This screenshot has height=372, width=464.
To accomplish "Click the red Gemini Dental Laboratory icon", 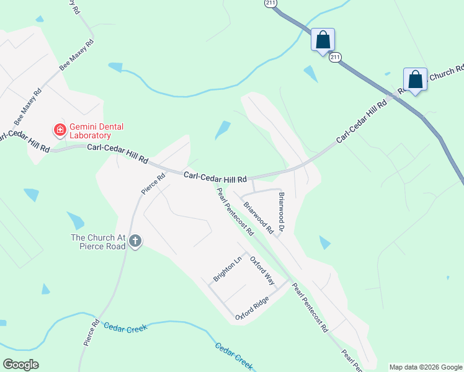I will point(60,130).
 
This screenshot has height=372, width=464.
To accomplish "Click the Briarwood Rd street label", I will point(258,216).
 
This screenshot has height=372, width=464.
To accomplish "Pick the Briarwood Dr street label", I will point(281,212).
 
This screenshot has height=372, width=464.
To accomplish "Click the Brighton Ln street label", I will point(226,270).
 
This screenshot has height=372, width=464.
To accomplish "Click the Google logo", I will point(20,365).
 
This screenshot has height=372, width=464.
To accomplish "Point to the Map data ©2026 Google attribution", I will point(425,367).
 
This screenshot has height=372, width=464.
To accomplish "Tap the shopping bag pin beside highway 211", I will point(323,40).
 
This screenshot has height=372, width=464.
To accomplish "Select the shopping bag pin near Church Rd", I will point(415,79).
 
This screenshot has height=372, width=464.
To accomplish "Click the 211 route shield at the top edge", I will point(270,3).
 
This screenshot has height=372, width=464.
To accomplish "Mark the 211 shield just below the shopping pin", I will point(335,58).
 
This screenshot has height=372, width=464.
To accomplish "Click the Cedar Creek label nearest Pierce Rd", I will point(125,327).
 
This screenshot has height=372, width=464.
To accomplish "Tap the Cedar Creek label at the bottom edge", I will point(234,356).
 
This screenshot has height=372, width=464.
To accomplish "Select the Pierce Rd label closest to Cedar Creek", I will point(91,332).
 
